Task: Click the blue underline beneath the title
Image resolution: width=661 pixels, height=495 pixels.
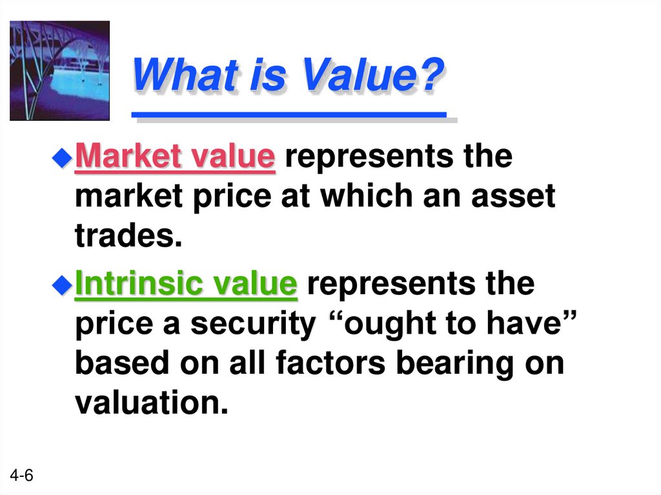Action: (289, 115)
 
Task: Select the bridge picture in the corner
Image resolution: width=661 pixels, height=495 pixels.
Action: (59, 70)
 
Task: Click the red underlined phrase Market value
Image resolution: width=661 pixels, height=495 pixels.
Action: (175, 157)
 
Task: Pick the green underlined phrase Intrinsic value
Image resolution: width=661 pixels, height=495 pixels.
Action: (186, 284)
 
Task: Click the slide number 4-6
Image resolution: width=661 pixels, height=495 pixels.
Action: (21, 476)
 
